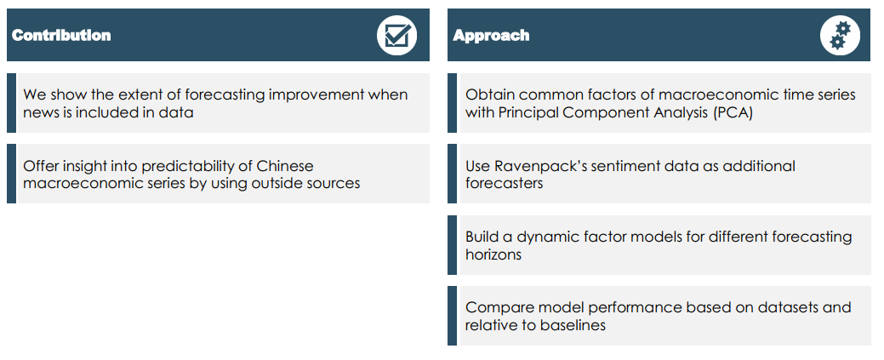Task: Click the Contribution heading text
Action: (61, 35)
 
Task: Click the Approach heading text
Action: (491, 36)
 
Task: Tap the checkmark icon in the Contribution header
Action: (396, 35)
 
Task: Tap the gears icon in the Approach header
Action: (840, 35)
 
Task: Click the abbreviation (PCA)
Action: (733, 112)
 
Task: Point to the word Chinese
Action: (285, 166)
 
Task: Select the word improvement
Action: (317, 94)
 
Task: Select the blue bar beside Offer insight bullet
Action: (11, 174)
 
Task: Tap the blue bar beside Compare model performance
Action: (452, 316)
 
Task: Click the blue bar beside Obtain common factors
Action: (452, 103)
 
